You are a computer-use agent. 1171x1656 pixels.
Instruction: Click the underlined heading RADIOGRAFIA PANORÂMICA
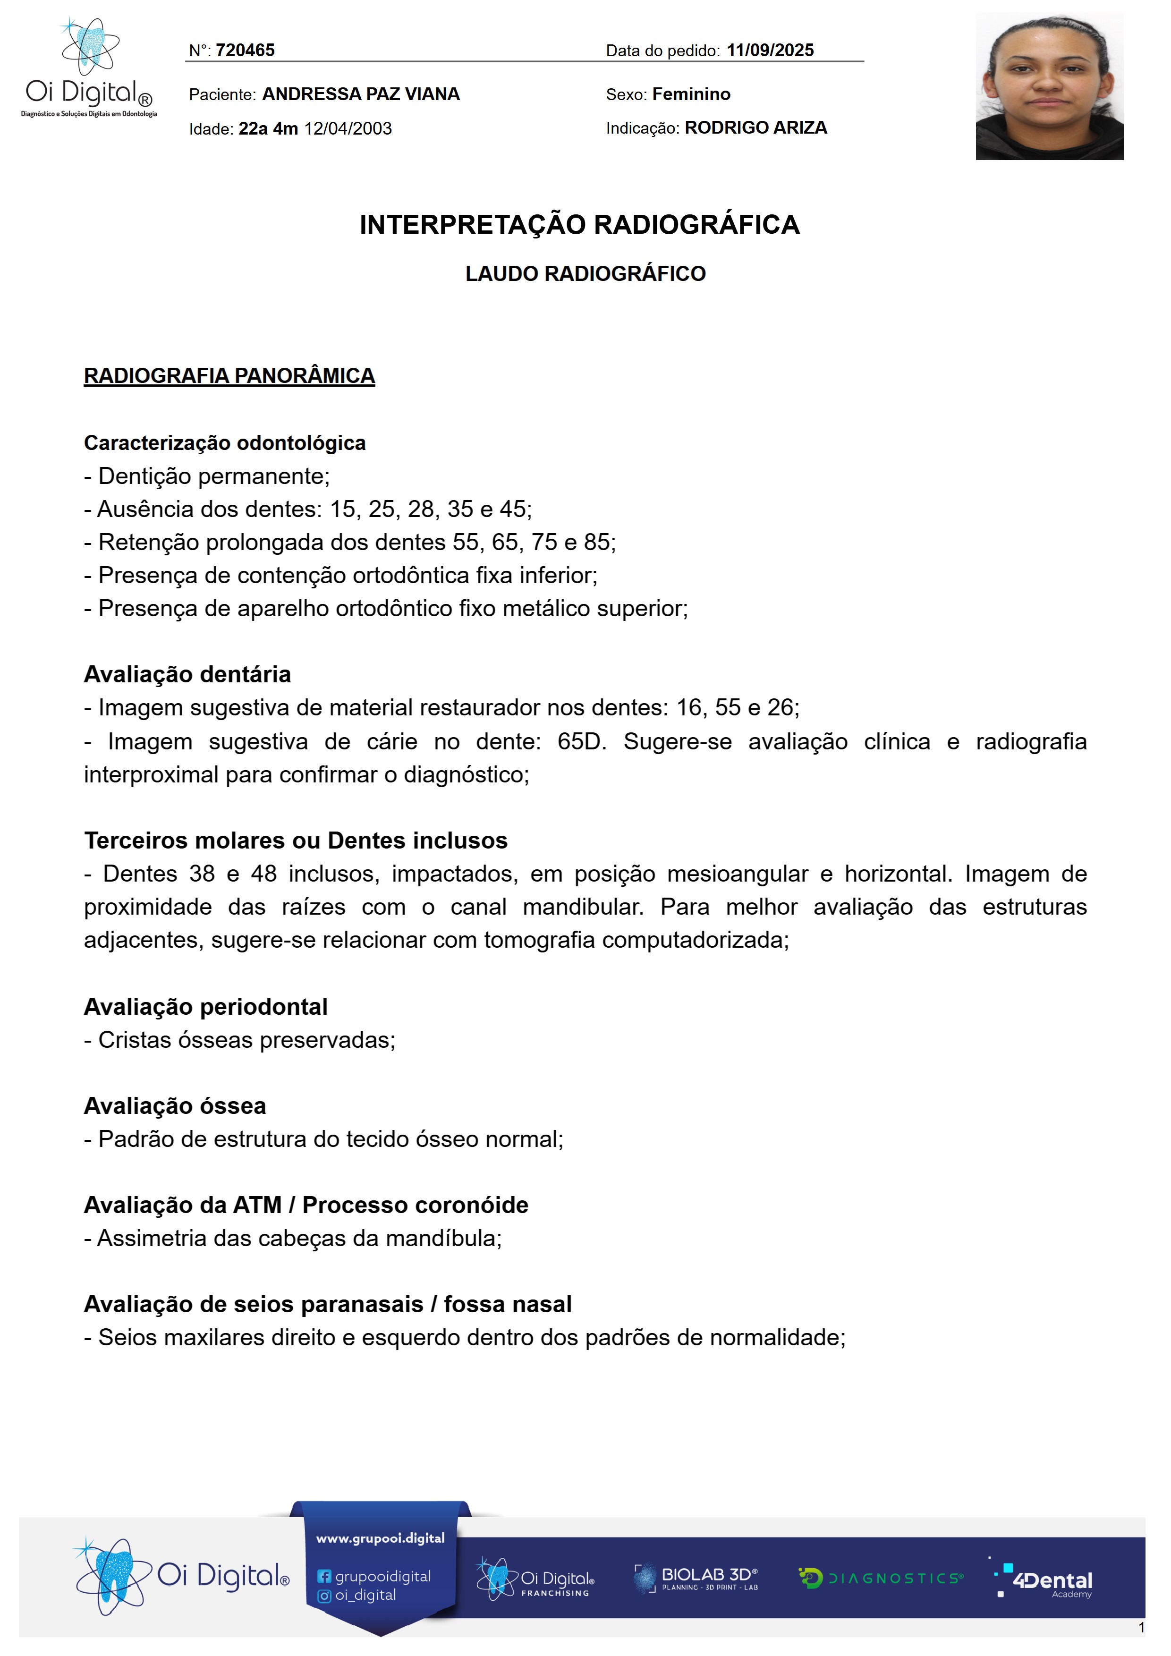coord(229,376)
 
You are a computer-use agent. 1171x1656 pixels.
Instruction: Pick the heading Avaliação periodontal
coord(205,1007)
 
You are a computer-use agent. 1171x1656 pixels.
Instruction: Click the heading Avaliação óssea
coord(175,1106)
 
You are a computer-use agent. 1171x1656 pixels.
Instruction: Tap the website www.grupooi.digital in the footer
coord(380,1538)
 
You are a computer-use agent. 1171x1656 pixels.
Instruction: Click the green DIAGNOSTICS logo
coord(881,1578)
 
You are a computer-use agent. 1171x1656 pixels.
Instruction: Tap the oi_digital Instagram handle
coord(365,1596)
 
